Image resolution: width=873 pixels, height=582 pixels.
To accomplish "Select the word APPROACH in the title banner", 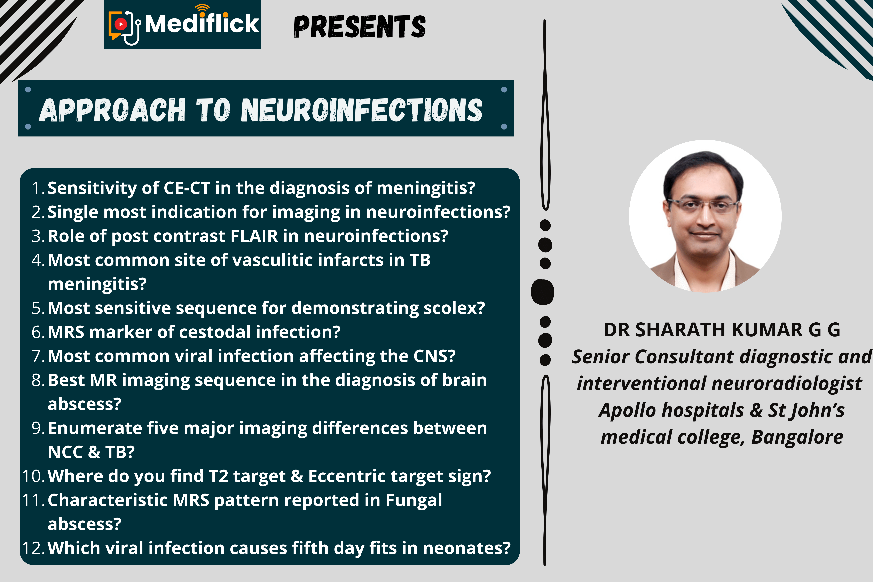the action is (x=112, y=110).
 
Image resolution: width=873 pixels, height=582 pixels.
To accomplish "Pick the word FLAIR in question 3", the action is (x=254, y=236).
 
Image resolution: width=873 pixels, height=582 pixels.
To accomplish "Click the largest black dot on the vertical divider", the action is (x=543, y=292).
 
